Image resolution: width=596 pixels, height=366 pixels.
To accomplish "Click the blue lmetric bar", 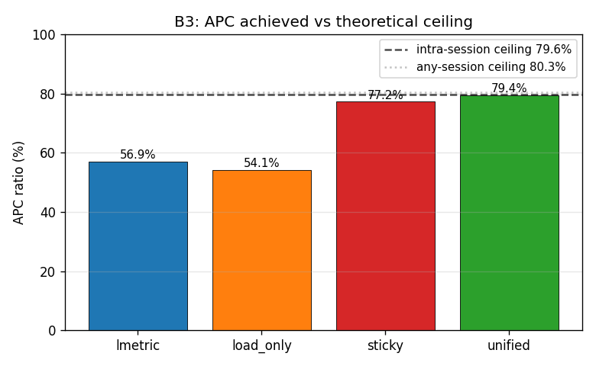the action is (138, 246).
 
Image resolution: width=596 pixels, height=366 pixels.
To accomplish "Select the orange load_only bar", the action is (262, 250).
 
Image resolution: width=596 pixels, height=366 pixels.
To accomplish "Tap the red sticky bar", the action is (385, 216).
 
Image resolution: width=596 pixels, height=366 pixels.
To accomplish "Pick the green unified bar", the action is (510, 213).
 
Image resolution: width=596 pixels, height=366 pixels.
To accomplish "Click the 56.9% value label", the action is (138, 154).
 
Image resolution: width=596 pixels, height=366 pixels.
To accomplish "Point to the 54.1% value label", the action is (261, 162).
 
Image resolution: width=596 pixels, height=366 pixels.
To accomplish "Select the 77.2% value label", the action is (385, 95).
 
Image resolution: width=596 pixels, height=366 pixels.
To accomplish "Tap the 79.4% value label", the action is (509, 88).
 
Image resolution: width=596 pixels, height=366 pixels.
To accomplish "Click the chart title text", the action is (323, 21).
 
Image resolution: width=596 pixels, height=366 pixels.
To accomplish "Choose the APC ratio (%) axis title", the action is (18, 183).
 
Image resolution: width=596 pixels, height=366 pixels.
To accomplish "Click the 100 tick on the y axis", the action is (44, 35).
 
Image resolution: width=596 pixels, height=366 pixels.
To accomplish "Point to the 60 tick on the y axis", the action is (48, 153).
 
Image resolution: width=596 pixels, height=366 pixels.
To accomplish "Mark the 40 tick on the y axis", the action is (48, 213).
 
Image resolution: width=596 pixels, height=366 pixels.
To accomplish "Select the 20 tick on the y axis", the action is (48, 272).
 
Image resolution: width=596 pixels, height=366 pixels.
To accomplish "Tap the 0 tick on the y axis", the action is (52, 331).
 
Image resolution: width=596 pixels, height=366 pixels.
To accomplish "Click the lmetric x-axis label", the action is (138, 345).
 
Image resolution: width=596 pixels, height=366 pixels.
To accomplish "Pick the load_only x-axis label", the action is (262, 346).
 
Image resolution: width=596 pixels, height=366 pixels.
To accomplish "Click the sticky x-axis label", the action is (385, 346).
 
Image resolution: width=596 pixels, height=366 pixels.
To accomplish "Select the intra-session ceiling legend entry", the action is (478, 50).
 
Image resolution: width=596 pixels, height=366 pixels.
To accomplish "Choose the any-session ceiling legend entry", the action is (475, 67).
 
